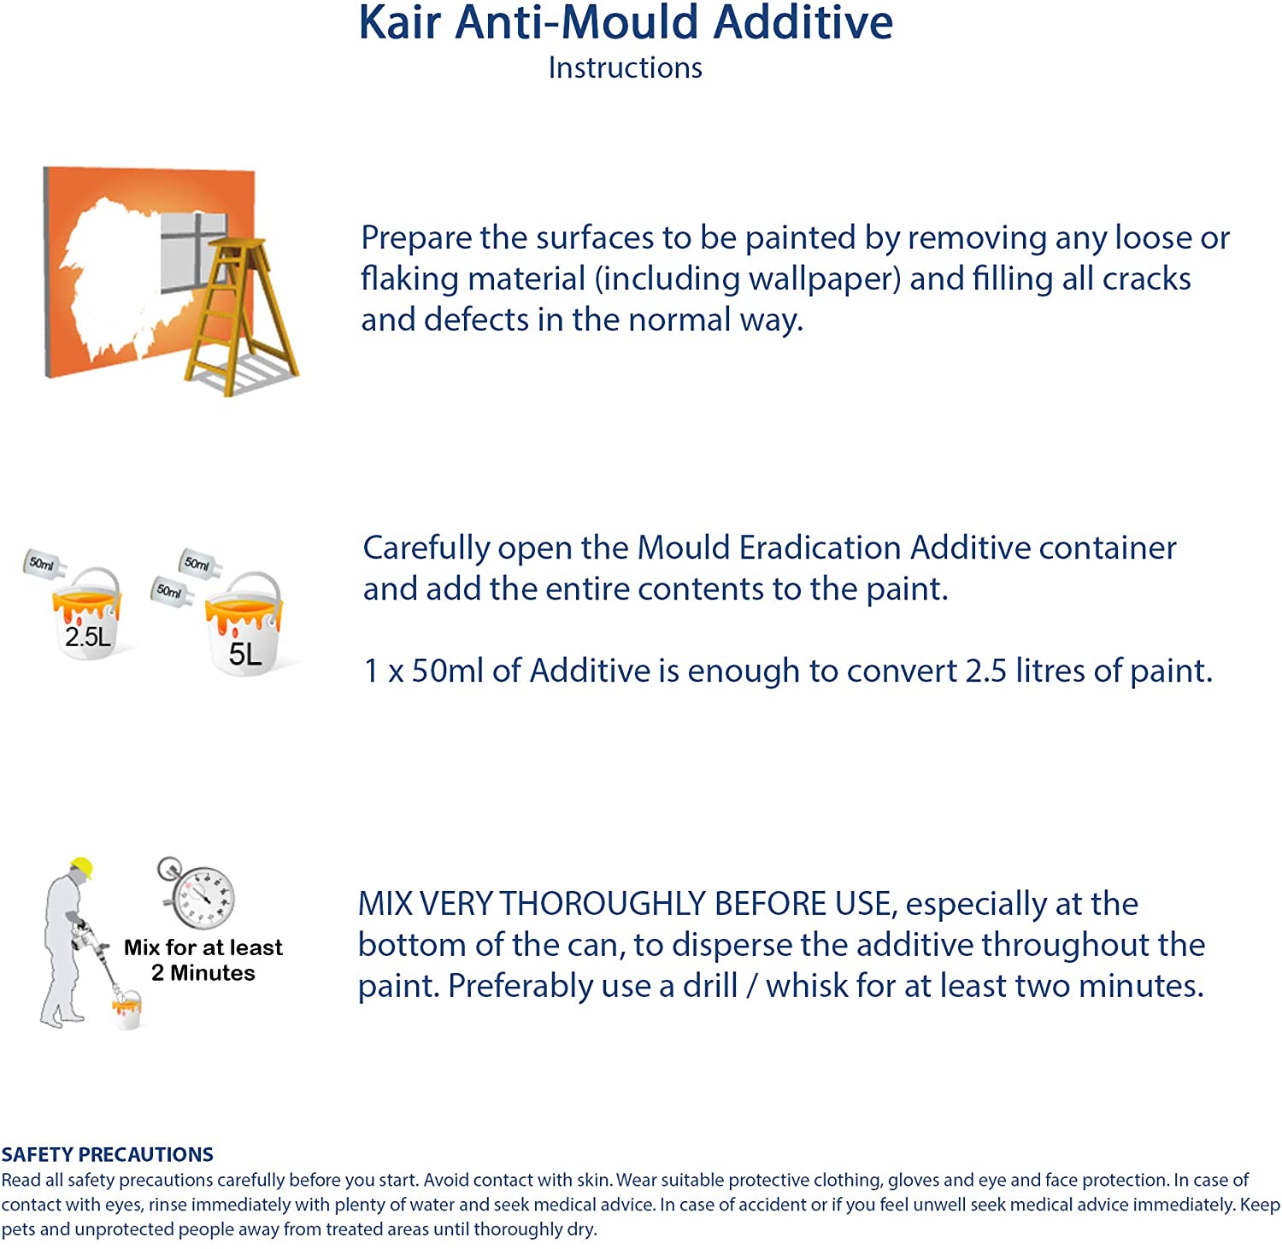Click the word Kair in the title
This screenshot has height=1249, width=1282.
(x=399, y=23)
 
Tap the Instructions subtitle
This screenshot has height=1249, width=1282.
(x=625, y=67)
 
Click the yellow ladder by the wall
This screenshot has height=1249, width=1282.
(x=241, y=316)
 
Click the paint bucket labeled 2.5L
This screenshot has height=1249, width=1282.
(x=87, y=613)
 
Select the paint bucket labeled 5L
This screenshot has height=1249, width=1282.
(x=244, y=624)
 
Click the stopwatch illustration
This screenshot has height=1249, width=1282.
(x=197, y=893)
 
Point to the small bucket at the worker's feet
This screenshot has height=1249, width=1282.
(x=127, y=1010)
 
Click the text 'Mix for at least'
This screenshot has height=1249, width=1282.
(x=203, y=947)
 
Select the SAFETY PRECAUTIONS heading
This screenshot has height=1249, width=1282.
(x=108, y=1154)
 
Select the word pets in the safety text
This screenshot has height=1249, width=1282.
(x=19, y=1230)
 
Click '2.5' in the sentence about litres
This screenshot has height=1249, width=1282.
(x=985, y=671)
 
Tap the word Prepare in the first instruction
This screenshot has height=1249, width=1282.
(x=417, y=238)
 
